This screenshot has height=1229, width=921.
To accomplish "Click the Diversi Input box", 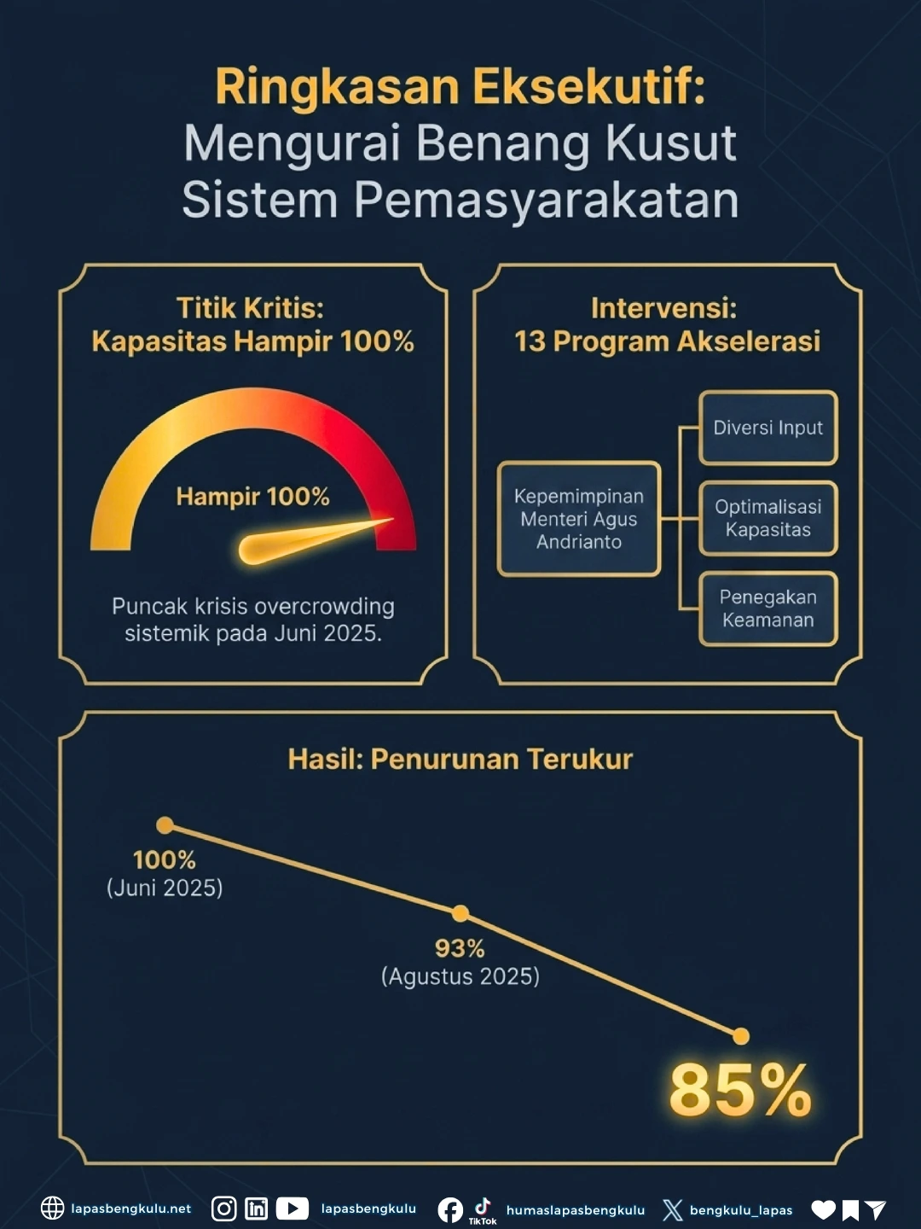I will click(x=767, y=428).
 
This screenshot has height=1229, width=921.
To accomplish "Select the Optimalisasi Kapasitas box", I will click(x=767, y=518).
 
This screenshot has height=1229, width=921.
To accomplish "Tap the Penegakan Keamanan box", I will click(x=767, y=609).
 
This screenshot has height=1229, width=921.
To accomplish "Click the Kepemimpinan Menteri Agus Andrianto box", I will click(x=579, y=519).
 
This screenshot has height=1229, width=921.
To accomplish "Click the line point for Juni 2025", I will click(x=165, y=825).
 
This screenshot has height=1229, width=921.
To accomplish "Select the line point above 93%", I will click(x=460, y=914).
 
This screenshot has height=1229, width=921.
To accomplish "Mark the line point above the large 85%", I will click(x=741, y=1036).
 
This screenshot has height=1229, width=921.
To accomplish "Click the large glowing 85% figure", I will click(x=740, y=1091).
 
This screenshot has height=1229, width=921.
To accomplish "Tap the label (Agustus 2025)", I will click(x=460, y=976).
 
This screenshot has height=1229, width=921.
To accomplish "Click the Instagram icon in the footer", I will click(x=223, y=1209).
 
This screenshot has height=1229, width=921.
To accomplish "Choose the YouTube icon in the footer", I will click(x=292, y=1209).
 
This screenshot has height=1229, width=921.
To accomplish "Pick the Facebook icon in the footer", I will click(x=450, y=1210).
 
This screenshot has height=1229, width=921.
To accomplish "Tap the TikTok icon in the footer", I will click(x=483, y=1208).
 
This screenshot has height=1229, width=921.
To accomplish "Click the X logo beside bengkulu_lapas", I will click(x=672, y=1210).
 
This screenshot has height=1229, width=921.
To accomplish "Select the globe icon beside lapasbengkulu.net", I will click(x=53, y=1209).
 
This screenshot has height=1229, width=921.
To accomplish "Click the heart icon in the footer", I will click(x=823, y=1209).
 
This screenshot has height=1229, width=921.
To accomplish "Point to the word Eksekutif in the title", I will click(x=588, y=87).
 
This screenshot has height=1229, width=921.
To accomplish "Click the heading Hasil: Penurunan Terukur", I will click(x=460, y=759).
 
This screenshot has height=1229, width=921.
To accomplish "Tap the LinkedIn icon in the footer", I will click(x=256, y=1209).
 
